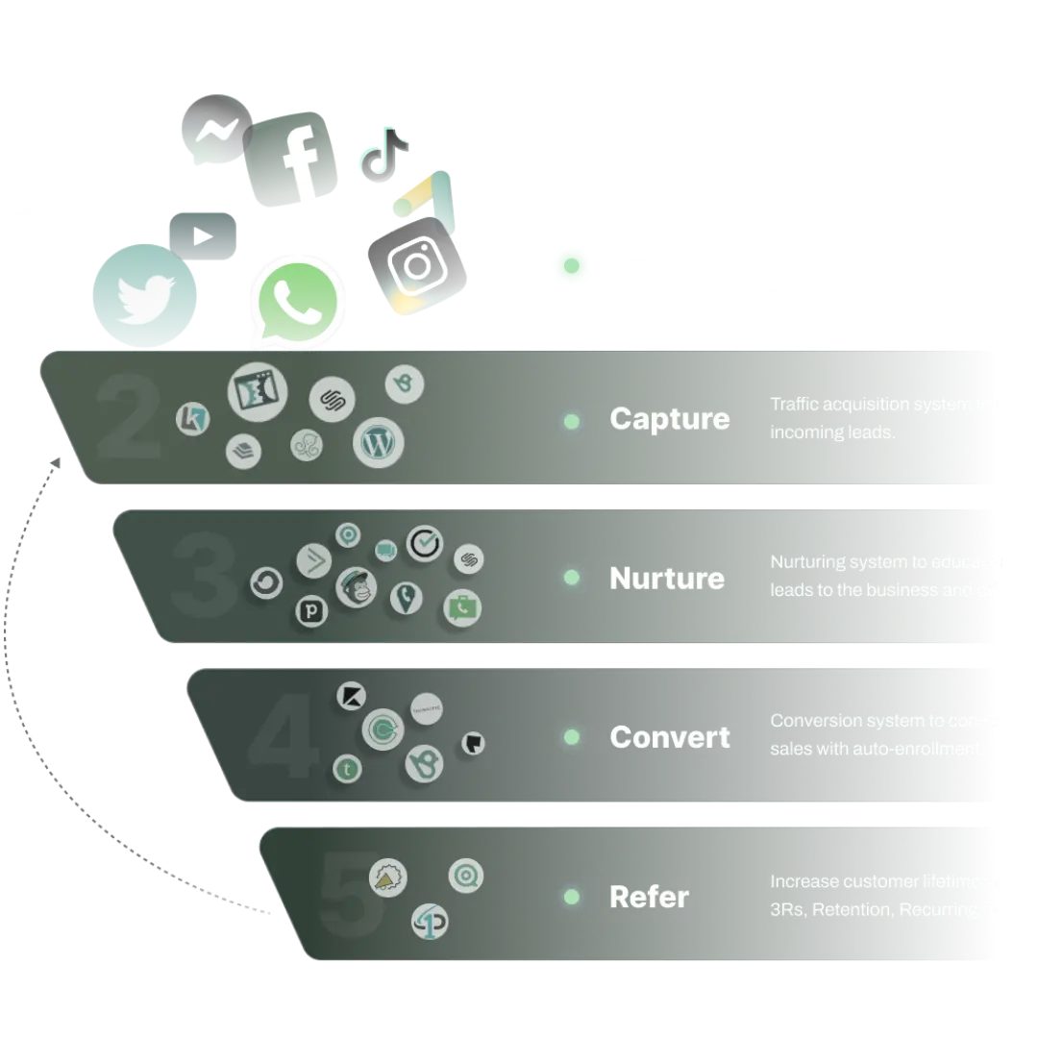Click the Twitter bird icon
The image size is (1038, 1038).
(x=145, y=294)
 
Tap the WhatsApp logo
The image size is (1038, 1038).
(x=297, y=299)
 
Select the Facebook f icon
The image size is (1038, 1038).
(x=294, y=158)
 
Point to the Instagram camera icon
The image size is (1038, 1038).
(x=415, y=261)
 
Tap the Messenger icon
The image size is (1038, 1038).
(x=213, y=129)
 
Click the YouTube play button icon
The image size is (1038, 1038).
(x=201, y=235)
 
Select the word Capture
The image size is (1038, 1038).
(x=669, y=419)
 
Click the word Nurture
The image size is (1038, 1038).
(x=667, y=579)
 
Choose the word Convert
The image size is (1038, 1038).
(x=670, y=737)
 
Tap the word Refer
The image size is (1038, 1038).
(x=649, y=897)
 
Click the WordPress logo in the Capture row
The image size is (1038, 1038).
(x=378, y=443)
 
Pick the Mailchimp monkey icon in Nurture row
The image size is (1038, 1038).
(x=356, y=587)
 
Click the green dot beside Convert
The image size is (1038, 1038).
(x=572, y=737)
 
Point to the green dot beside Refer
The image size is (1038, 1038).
(x=572, y=897)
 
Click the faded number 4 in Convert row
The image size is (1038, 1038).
(x=283, y=737)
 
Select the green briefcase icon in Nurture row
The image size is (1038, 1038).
(x=462, y=607)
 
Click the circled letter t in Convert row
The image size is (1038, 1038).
(x=347, y=769)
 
